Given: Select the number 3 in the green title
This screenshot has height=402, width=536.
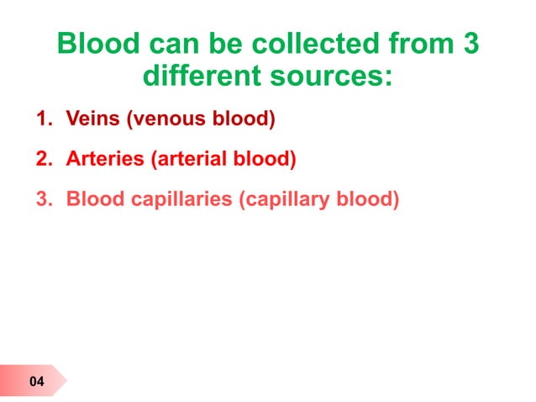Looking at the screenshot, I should coord(470,45).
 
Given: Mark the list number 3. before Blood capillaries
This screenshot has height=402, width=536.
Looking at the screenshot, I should coord(44,200).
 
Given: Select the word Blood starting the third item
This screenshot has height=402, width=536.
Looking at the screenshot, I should coord(92,200).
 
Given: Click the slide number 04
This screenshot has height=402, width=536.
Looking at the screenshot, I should coord(36,383).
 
